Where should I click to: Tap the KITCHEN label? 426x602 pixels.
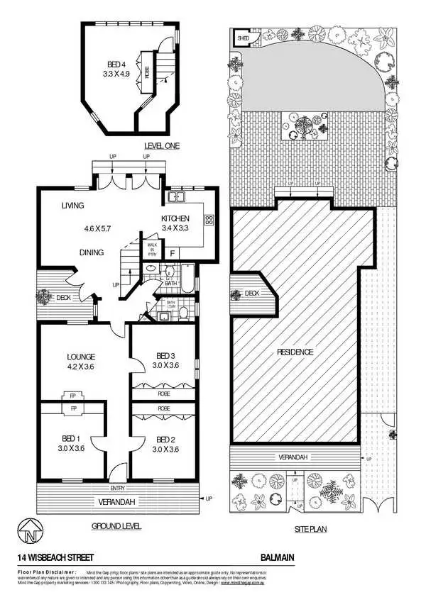click(x=174, y=218)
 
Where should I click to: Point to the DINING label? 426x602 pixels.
click(x=92, y=252)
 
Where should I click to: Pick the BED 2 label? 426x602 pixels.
click(x=165, y=438)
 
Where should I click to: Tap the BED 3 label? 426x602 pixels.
click(x=165, y=356)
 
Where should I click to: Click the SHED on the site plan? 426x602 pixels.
click(x=242, y=40)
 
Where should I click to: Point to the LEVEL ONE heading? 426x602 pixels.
click(x=162, y=145)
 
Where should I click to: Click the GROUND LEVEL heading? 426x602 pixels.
click(x=116, y=526)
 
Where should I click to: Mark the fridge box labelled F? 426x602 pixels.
click(x=172, y=252)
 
